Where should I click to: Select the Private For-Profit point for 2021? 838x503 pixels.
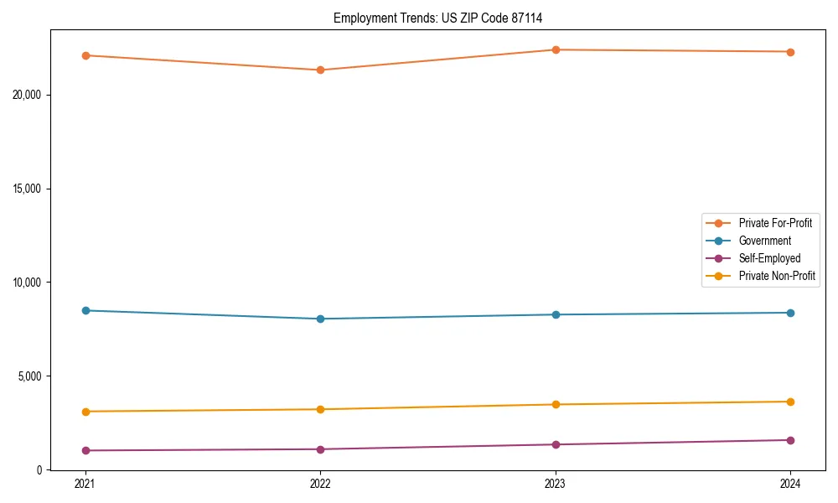tap(85, 55)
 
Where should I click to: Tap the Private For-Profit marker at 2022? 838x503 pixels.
tap(320, 70)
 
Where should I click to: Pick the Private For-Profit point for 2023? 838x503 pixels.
tap(556, 49)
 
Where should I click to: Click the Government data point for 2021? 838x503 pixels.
tap(85, 310)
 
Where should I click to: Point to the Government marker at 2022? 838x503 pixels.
tap(320, 319)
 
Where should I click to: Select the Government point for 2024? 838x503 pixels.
tap(790, 313)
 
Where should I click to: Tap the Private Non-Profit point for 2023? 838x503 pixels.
tap(556, 404)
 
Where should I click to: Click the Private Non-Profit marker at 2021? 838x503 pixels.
tap(85, 412)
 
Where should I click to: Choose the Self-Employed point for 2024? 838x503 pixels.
tap(790, 440)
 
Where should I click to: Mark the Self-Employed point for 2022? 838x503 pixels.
tap(320, 449)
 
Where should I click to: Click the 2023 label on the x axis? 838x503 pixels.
tap(556, 484)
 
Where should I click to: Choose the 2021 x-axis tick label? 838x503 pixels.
tap(85, 484)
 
